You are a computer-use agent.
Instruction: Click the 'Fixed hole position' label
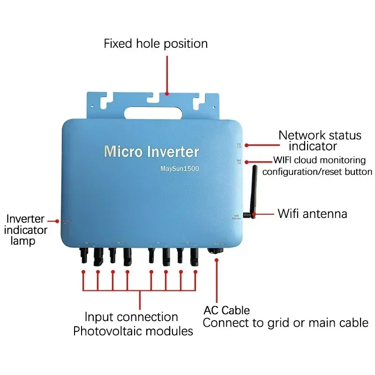pos(156,44)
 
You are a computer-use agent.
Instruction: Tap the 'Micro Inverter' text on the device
pos(151,151)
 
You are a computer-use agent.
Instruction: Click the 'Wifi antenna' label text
pos(313,214)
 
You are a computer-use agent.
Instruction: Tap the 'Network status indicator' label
pos(320,140)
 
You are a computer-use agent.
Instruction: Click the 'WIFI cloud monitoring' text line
pos(320,160)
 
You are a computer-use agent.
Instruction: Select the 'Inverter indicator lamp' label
pos(26,230)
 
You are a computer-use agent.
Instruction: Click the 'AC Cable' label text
pos(226,310)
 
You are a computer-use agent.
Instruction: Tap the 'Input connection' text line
pos(131,317)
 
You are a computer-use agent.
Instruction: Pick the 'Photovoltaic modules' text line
pos(133,331)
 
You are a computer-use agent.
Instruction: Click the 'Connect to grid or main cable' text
pos(285,322)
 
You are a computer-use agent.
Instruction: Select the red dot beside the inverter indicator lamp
pos(57,220)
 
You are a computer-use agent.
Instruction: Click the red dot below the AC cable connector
pos(217,272)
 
